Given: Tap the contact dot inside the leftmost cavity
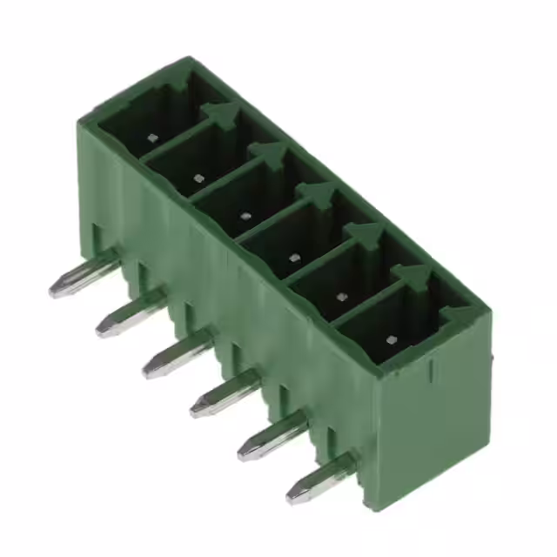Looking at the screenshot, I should [152, 138].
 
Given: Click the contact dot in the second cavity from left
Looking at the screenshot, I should [198, 178].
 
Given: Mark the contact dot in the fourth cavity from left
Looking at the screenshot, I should [292, 257].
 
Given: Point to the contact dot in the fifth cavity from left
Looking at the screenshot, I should [340, 297].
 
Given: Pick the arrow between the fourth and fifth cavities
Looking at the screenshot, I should [365, 234].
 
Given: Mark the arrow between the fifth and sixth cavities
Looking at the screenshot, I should [414, 276].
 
